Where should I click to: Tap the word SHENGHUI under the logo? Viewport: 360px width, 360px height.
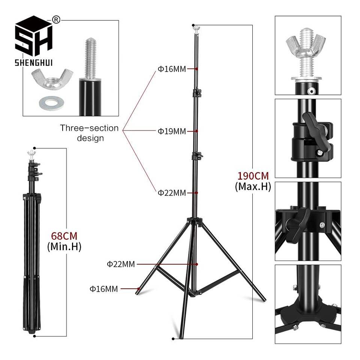(x=33, y=62)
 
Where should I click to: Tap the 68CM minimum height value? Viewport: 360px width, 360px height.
(x=64, y=236)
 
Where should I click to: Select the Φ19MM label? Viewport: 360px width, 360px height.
(x=171, y=131)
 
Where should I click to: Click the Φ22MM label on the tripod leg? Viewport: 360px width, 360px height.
(x=121, y=264)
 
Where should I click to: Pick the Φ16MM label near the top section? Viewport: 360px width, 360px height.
(x=171, y=69)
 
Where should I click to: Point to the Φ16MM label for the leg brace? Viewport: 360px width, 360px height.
(x=103, y=289)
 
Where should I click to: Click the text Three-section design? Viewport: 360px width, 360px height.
(x=90, y=133)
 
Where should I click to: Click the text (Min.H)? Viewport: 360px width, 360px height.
(x=64, y=247)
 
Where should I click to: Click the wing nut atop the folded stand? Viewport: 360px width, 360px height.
(x=31, y=153)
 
